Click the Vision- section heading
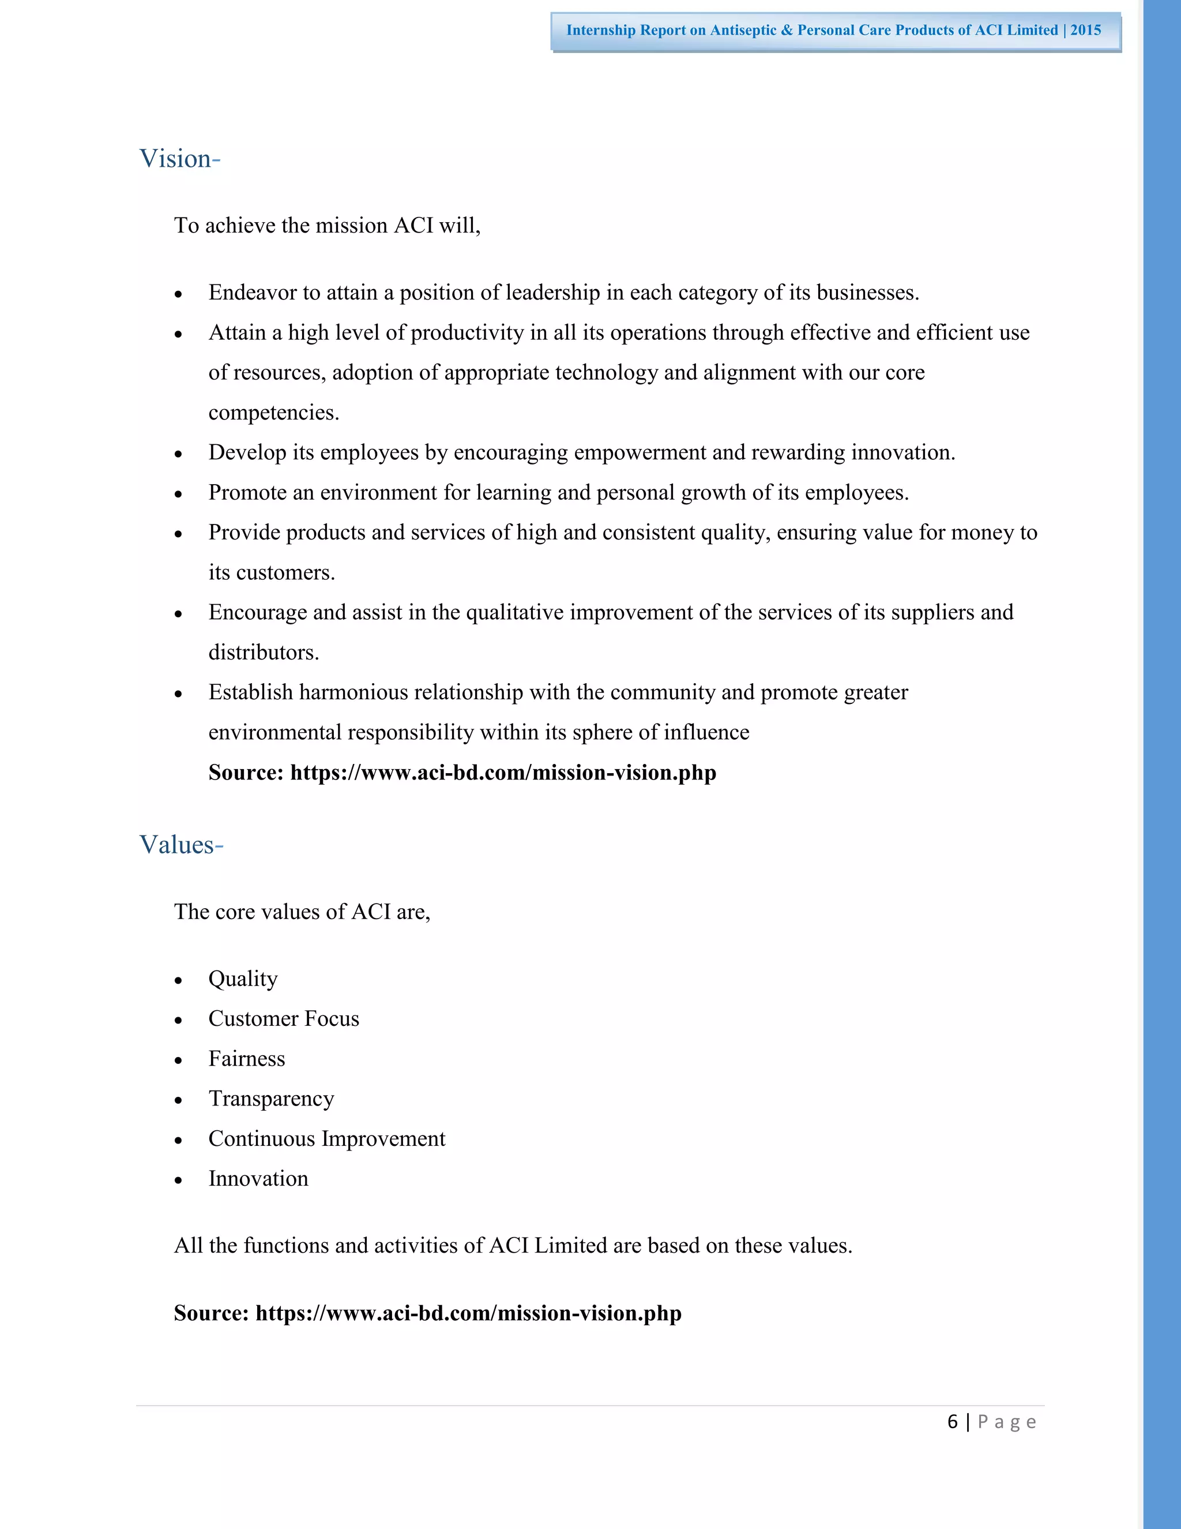(180, 159)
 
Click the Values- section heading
(181, 845)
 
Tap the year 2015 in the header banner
(1085, 30)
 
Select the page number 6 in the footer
(952, 1422)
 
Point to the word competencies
(273, 413)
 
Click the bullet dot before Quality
(178, 981)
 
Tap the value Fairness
(246, 1059)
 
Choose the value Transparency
(271, 1099)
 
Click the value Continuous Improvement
(326, 1139)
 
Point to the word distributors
(263, 653)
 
